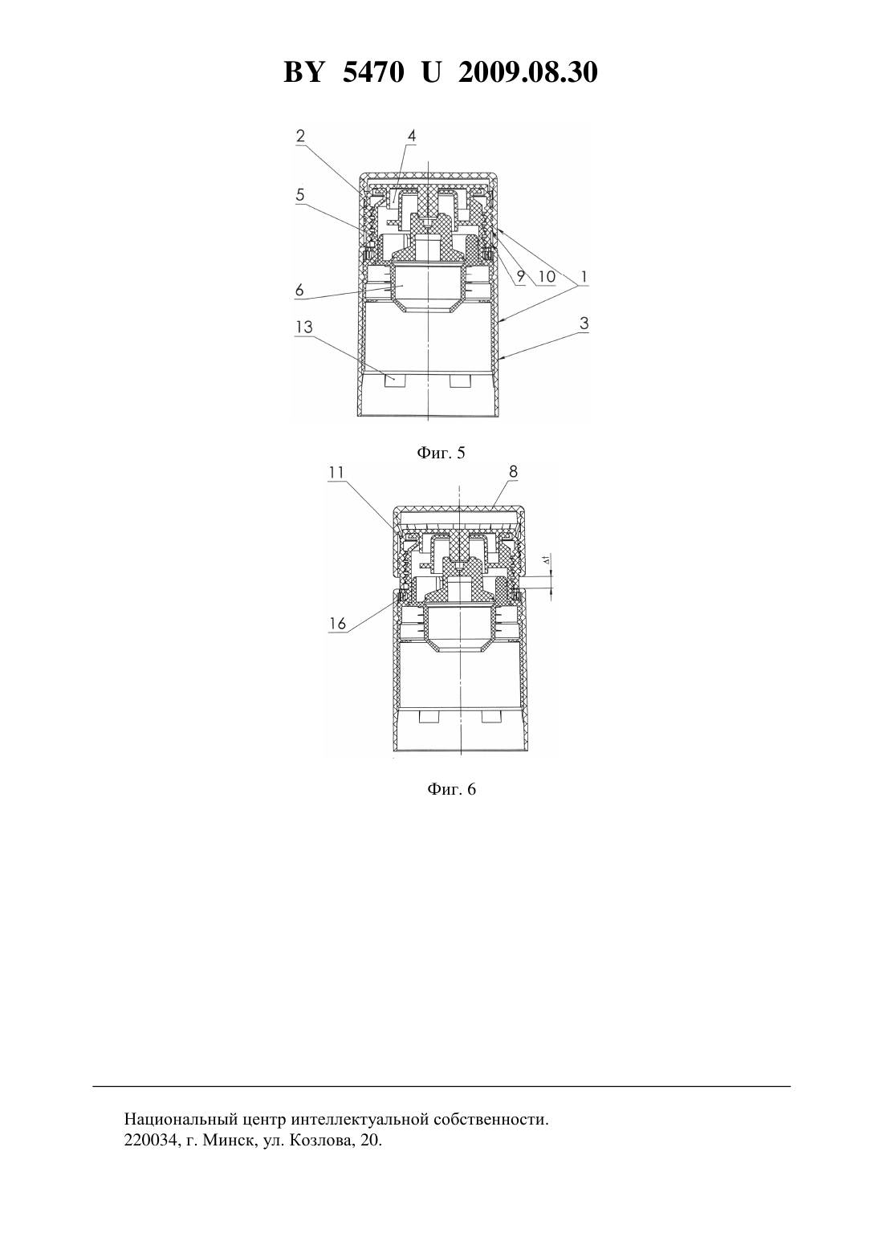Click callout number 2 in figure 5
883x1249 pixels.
pyautogui.click(x=300, y=136)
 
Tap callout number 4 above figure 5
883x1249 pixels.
pyautogui.click(x=411, y=136)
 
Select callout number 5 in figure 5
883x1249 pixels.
pyautogui.click(x=300, y=194)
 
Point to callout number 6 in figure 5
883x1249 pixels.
pyautogui.click(x=299, y=290)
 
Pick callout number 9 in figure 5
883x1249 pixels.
pyautogui.click(x=520, y=276)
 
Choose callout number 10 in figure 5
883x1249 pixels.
pyautogui.click(x=547, y=276)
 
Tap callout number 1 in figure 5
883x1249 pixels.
pyautogui.click(x=583, y=276)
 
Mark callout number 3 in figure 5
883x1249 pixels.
pyautogui.click(x=584, y=323)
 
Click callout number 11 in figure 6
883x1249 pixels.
pyautogui.click(x=336, y=472)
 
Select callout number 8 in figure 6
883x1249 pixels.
pyautogui.click(x=513, y=471)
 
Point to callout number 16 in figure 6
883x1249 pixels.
pyautogui.click(x=338, y=623)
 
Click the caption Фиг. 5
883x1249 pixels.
pyautogui.click(x=441, y=452)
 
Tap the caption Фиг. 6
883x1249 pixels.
pyautogui.click(x=451, y=789)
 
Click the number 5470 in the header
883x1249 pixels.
pyautogui.click(x=373, y=72)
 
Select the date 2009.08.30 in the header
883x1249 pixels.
pyautogui.click(x=528, y=72)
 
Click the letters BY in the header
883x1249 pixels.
pyautogui.click(x=303, y=72)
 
